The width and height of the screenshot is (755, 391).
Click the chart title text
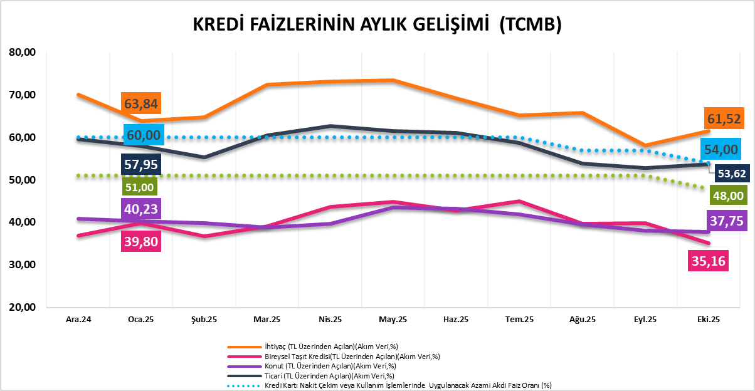pos(376,24)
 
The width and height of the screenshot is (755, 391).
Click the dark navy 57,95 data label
pos(141,165)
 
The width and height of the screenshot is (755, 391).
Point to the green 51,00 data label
pos(141,187)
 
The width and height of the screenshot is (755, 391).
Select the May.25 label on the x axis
pos(393,320)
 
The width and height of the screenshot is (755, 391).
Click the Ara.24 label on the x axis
pos(78,320)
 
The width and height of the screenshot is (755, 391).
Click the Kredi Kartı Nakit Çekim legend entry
pos(389,385)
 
